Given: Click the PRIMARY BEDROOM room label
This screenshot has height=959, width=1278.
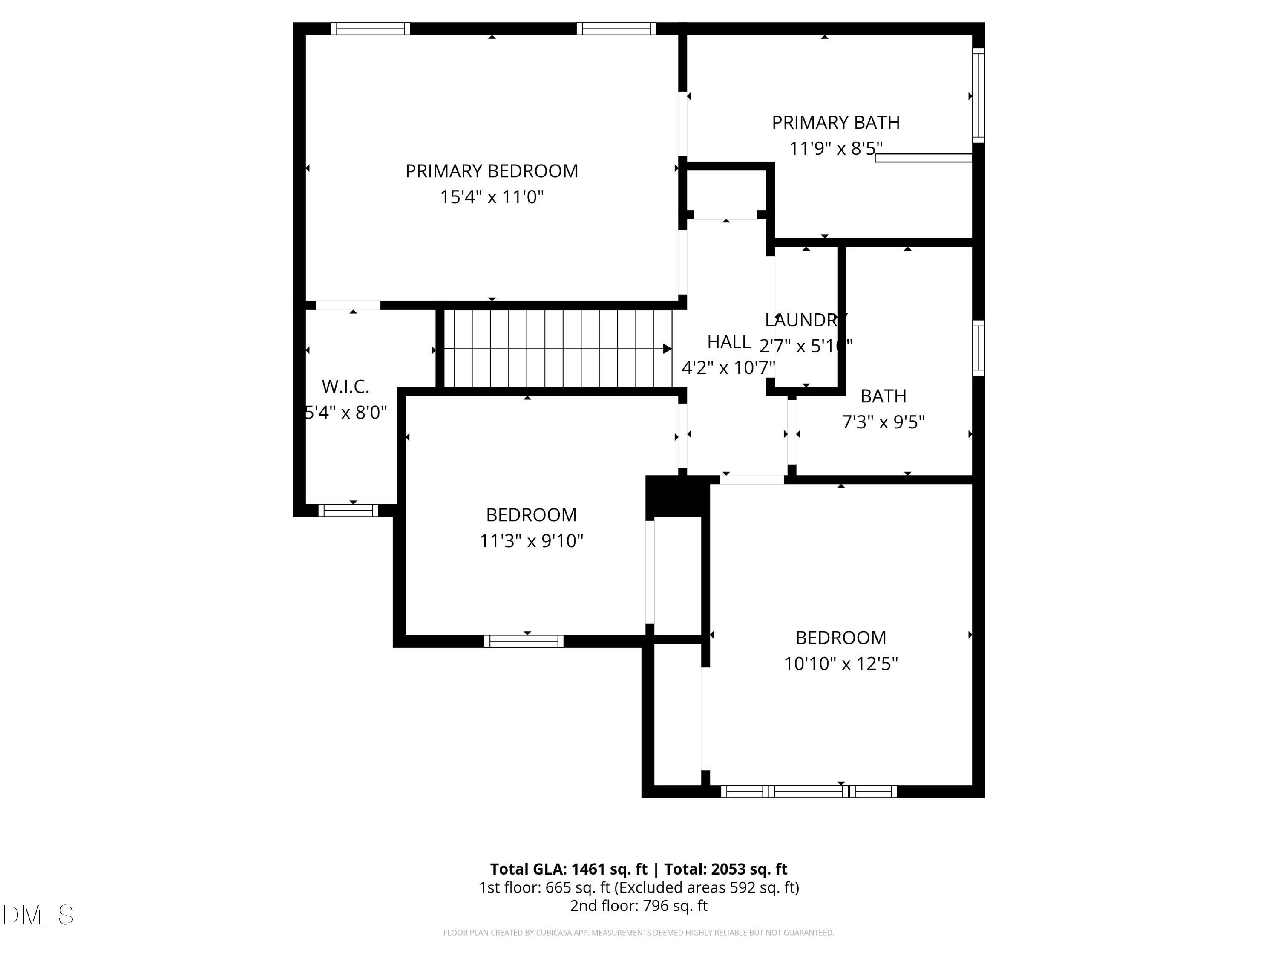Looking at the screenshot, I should click(491, 171).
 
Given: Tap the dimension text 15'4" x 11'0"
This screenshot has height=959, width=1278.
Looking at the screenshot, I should click(492, 197).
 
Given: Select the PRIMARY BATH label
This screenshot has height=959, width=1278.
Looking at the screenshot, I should click(835, 123).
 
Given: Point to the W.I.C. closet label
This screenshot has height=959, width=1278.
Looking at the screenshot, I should click(345, 386).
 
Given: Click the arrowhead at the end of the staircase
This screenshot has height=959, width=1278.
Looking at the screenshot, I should click(667, 349).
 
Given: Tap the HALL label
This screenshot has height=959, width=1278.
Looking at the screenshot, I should click(728, 342).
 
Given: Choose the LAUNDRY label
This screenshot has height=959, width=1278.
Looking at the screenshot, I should click(806, 320).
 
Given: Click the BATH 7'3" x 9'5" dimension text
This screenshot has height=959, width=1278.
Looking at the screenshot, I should click(883, 422).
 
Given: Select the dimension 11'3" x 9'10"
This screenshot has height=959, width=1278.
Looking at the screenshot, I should click(531, 541).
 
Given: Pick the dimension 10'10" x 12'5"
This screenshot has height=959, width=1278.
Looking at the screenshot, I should click(840, 664).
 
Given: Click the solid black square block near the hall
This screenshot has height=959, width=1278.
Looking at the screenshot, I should click(676, 496).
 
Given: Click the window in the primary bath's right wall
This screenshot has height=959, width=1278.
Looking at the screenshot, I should click(978, 95).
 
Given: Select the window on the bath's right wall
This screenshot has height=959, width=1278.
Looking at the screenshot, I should click(978, 348).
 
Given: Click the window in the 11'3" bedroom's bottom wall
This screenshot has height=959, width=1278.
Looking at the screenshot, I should click(524, 641).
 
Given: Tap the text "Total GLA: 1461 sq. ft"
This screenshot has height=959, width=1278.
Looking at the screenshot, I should click(569, 869).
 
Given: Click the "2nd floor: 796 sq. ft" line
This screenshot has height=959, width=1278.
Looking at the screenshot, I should click(639, 905).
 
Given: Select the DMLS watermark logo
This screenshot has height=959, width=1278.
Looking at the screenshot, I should click(38, 915).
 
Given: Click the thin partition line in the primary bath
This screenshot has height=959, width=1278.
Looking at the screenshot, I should click(923, 158).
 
